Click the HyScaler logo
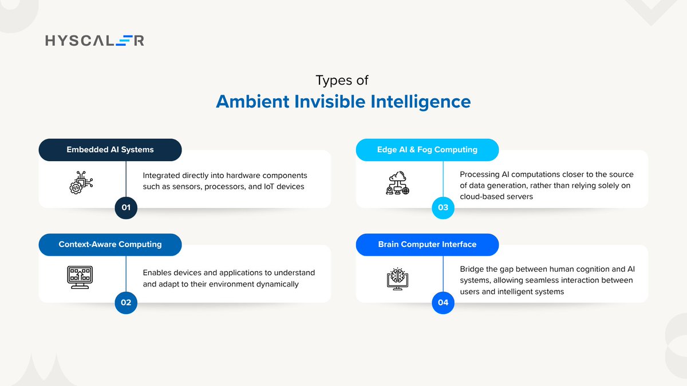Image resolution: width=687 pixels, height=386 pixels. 94,40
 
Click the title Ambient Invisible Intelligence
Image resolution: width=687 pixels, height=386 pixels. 343,102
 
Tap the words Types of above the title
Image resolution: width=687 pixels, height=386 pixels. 343,81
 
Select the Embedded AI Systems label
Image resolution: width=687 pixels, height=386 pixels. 110,150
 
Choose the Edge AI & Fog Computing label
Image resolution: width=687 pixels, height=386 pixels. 427,150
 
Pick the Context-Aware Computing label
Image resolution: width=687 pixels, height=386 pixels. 110,244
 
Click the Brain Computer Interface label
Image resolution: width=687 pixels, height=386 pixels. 427,244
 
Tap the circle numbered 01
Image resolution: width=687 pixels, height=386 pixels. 126,208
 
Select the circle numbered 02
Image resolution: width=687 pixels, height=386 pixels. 126,303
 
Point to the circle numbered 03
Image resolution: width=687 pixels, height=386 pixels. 443,208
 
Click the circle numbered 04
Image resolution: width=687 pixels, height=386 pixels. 443,303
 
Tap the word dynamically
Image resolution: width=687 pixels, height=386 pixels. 279,284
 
